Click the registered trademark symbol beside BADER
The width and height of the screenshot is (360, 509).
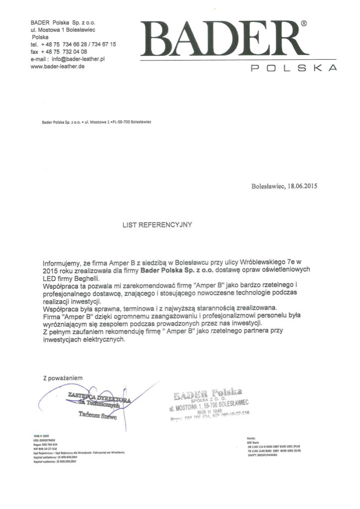[x=304, y=23]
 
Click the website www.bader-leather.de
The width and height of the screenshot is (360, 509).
[x=57, y=66]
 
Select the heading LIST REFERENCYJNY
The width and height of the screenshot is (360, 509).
[x=157, y=225]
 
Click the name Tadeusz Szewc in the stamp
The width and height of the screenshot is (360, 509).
[x=97, y=416]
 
